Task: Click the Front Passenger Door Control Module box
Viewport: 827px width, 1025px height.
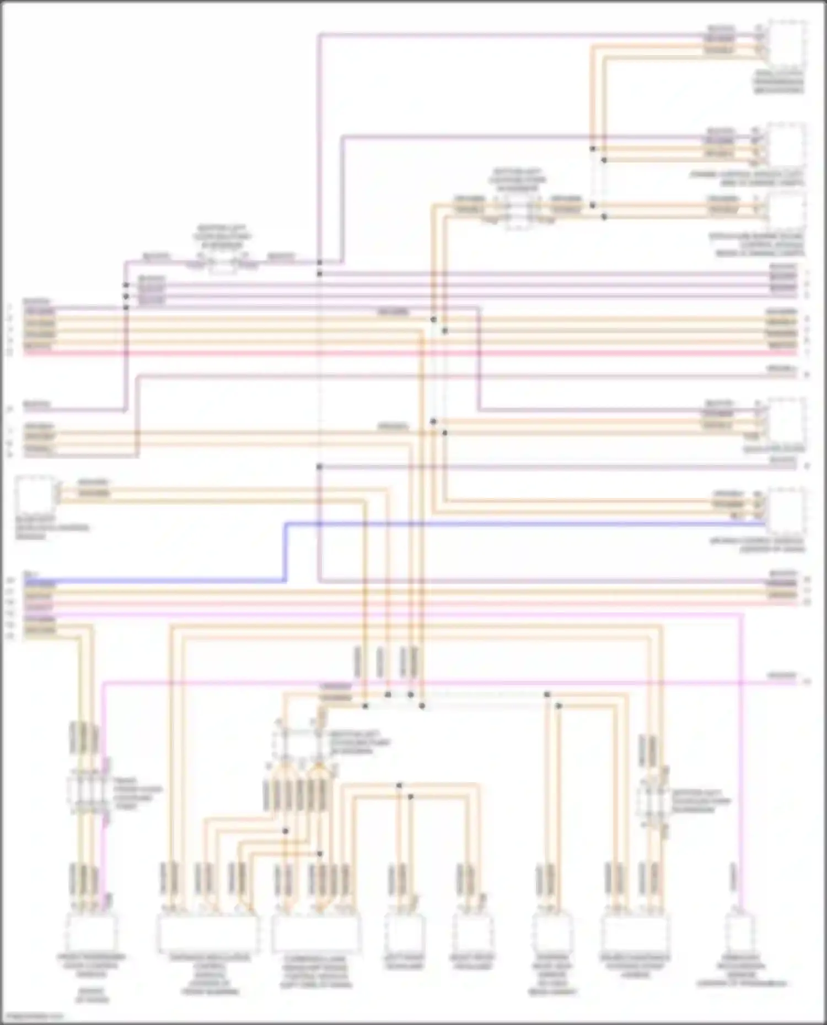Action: (x=92, y=932)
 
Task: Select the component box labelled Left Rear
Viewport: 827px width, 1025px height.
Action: (x=405, y=932)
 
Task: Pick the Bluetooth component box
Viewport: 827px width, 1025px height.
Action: (x=35, y=495)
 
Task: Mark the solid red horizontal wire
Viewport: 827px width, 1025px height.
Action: (x=386, y=352)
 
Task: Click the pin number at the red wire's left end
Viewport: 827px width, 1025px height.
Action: (x=9, y=352)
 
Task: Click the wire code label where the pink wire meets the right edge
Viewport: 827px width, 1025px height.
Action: (x=782, y=675)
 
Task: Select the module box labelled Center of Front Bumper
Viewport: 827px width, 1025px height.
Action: (x=207, y=934)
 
